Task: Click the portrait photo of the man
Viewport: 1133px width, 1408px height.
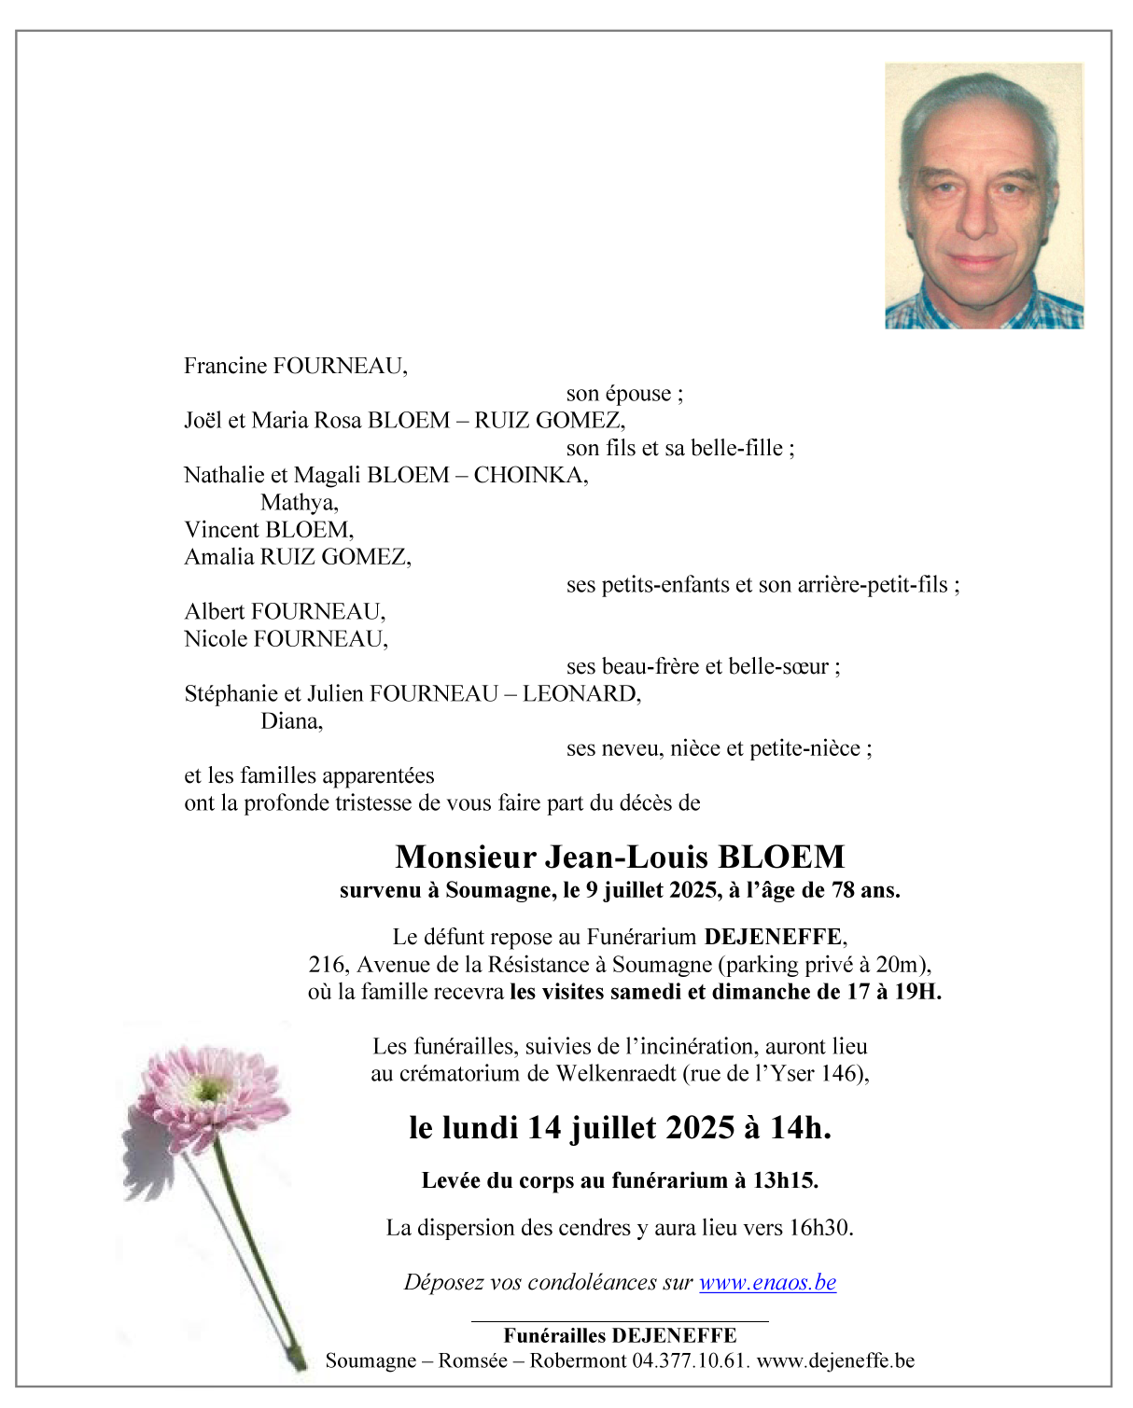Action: point(984,196)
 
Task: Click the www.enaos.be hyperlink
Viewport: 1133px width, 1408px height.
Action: point(767,1282)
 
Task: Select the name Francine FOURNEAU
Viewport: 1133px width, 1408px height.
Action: point(295,366)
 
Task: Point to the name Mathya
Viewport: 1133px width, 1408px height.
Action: point(299,503)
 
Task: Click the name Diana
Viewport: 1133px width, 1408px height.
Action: point(291,721)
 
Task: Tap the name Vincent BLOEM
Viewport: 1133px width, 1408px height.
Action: point(269,530)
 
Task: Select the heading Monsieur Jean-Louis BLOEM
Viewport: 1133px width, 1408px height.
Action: point(620,857)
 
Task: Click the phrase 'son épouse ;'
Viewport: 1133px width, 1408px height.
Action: point(624,394)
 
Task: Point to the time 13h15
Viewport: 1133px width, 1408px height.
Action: point(784,1180)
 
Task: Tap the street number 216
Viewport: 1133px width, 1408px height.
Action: point(328,965)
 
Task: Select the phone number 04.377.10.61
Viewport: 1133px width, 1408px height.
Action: point(690,1360)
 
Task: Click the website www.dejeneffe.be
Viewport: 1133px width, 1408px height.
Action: point(835,1360)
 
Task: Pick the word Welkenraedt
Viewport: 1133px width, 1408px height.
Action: point(616,1074)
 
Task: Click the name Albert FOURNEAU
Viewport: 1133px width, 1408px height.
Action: point(285,612)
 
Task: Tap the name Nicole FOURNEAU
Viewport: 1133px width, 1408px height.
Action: point(286,639)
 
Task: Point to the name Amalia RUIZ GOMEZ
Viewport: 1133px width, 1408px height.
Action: point(298,557)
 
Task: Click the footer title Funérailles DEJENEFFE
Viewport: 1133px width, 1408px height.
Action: point(620,1336)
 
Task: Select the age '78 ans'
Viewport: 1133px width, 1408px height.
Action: point(865,890)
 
